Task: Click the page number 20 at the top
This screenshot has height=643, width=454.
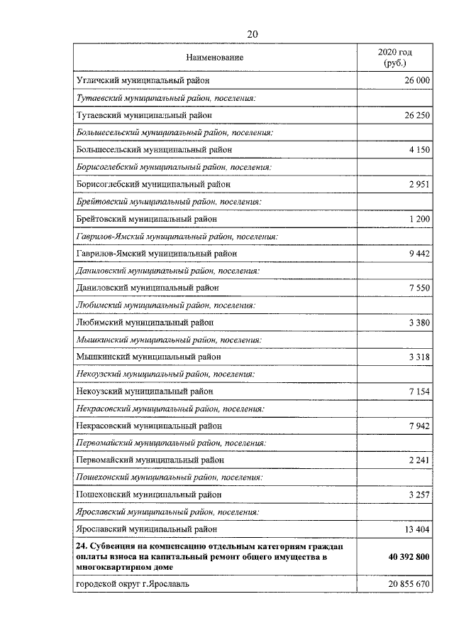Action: [253, 34]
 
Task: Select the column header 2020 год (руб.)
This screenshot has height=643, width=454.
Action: [395, 58]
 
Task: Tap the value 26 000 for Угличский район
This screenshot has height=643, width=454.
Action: [416, 81]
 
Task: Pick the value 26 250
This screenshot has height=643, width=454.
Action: [416, 115]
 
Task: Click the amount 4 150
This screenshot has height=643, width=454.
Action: [419, 150]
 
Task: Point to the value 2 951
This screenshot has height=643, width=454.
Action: [419, 184]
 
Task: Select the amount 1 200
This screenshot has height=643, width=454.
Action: [419, 219]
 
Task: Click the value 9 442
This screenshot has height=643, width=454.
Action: [419, 253]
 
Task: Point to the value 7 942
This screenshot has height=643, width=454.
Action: [419, 426]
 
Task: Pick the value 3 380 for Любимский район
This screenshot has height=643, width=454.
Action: [419, 322]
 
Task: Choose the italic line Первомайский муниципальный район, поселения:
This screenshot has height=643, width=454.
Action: [170, 443]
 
